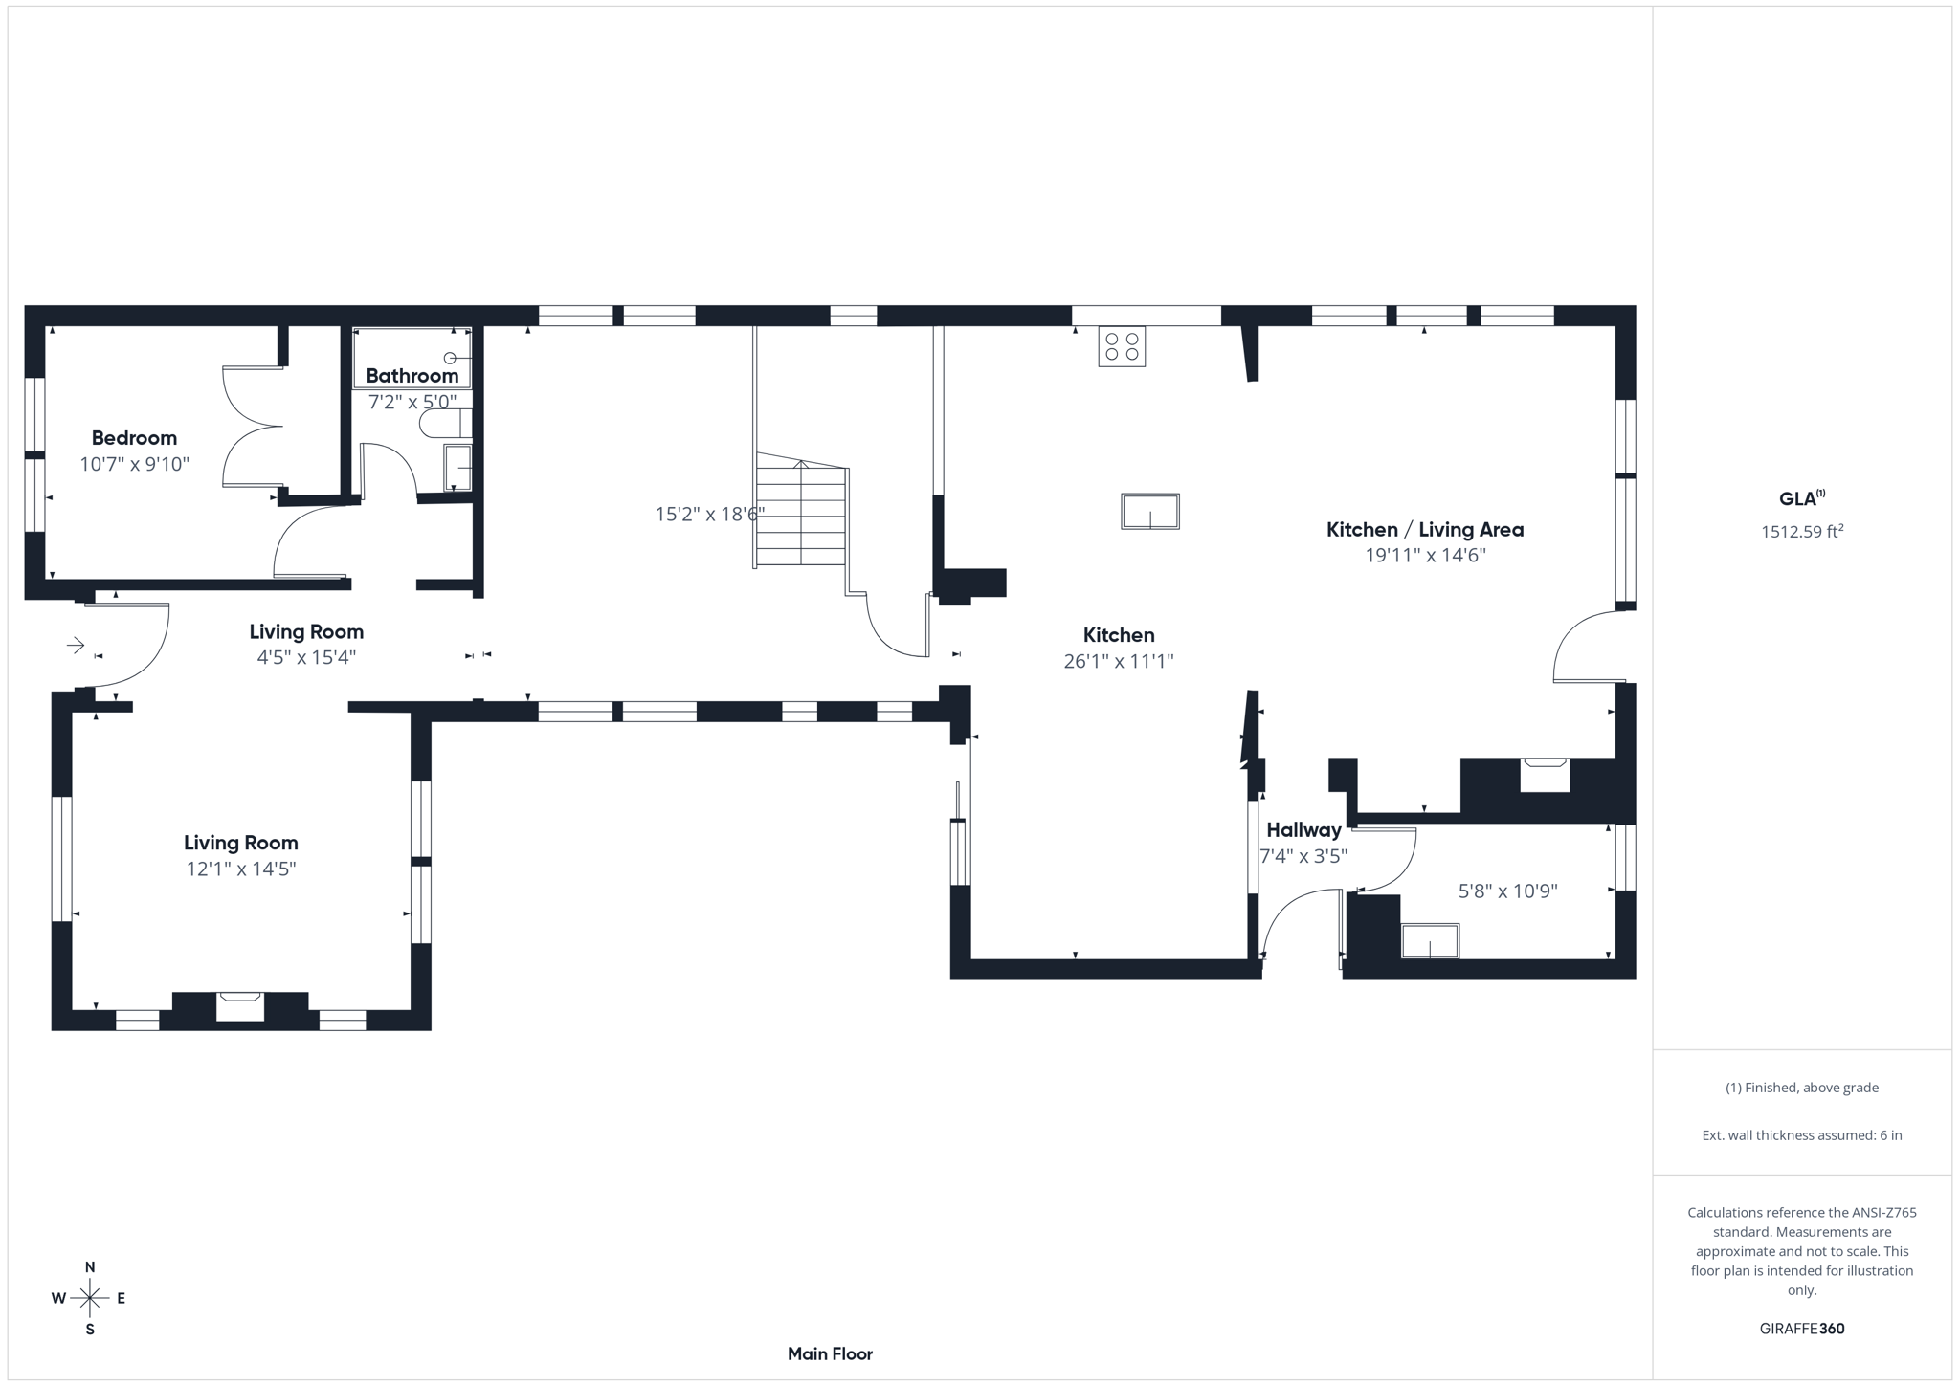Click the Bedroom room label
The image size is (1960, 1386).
134,438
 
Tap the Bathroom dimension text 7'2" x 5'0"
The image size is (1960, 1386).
412,402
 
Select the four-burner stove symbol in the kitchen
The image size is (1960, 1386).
1122,346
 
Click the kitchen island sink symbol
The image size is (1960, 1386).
1149,512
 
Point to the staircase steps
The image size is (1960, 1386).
801,517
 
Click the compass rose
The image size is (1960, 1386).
90,1298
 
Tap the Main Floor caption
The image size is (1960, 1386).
830,1353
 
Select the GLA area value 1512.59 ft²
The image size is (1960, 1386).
1801,532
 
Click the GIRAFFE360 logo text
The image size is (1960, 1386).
1801,1329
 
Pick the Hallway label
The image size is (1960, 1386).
1303,830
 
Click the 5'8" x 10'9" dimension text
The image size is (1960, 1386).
1507,891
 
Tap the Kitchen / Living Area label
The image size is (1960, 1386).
1424,530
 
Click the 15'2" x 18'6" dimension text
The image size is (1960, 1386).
709,515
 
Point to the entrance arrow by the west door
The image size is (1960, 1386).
76,647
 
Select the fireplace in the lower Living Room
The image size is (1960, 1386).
239,1007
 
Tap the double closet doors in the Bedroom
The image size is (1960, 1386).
252,427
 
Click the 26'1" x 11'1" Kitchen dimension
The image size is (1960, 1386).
1118,661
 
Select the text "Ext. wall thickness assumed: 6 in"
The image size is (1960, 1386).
1801,1135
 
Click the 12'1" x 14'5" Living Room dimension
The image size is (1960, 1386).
241,869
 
